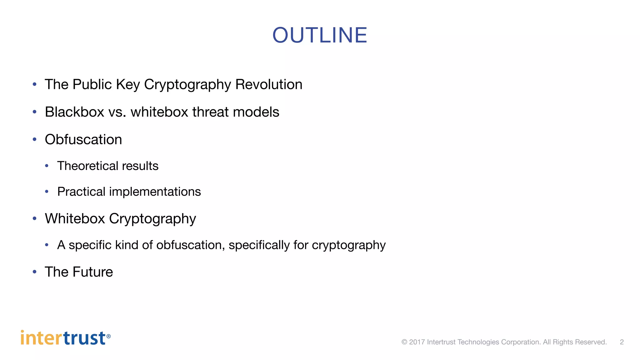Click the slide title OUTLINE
pos(320,35)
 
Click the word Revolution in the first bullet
pos(269,84)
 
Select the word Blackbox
pos(74,112)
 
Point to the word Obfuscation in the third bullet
pos(83,139)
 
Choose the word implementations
pos(155,192)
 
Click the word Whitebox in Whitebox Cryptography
pos(75,218)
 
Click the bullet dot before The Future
pos(35,272)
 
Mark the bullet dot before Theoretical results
pos(47,166)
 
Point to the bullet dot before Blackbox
pos(35,112)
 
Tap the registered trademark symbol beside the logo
pos(108,336)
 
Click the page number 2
pos(622,342)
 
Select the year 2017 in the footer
pos(417,342)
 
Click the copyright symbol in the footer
pos(404,342)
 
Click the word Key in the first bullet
pos(128,84)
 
